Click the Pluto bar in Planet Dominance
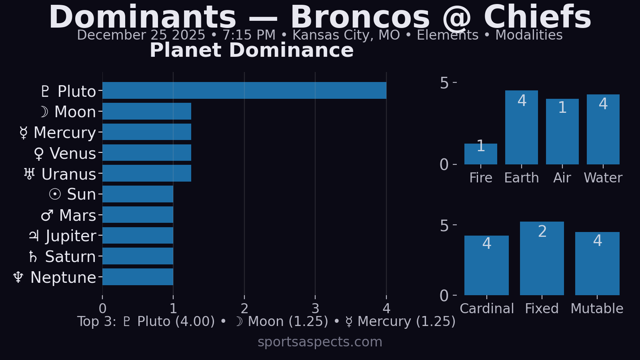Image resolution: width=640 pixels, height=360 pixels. click(244, 90)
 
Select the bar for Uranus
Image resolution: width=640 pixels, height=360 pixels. click(147, 173)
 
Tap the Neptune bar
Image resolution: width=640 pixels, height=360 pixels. click(138, 277)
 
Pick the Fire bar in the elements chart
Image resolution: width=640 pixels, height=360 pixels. click(480, 154)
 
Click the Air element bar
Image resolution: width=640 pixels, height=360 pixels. click(562, 132)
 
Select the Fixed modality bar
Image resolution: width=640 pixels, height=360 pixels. click(542, 258)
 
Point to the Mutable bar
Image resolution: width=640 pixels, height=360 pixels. click(597, 264)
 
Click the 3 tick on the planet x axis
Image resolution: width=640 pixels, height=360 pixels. click(315, 308)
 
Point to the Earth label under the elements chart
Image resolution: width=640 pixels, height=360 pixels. click(521, 178)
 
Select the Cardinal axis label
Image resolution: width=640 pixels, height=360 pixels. click(486, 308)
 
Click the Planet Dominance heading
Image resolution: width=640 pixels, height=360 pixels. click(252, 50)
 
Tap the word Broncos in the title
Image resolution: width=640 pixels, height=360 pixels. click(360, 18)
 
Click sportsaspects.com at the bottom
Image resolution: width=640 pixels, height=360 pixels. click(320, 342)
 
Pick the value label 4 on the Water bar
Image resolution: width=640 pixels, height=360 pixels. click(603, 104)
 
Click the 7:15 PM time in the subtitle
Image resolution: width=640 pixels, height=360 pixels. click(249, 35)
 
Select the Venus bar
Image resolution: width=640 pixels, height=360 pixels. click(147, 152)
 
